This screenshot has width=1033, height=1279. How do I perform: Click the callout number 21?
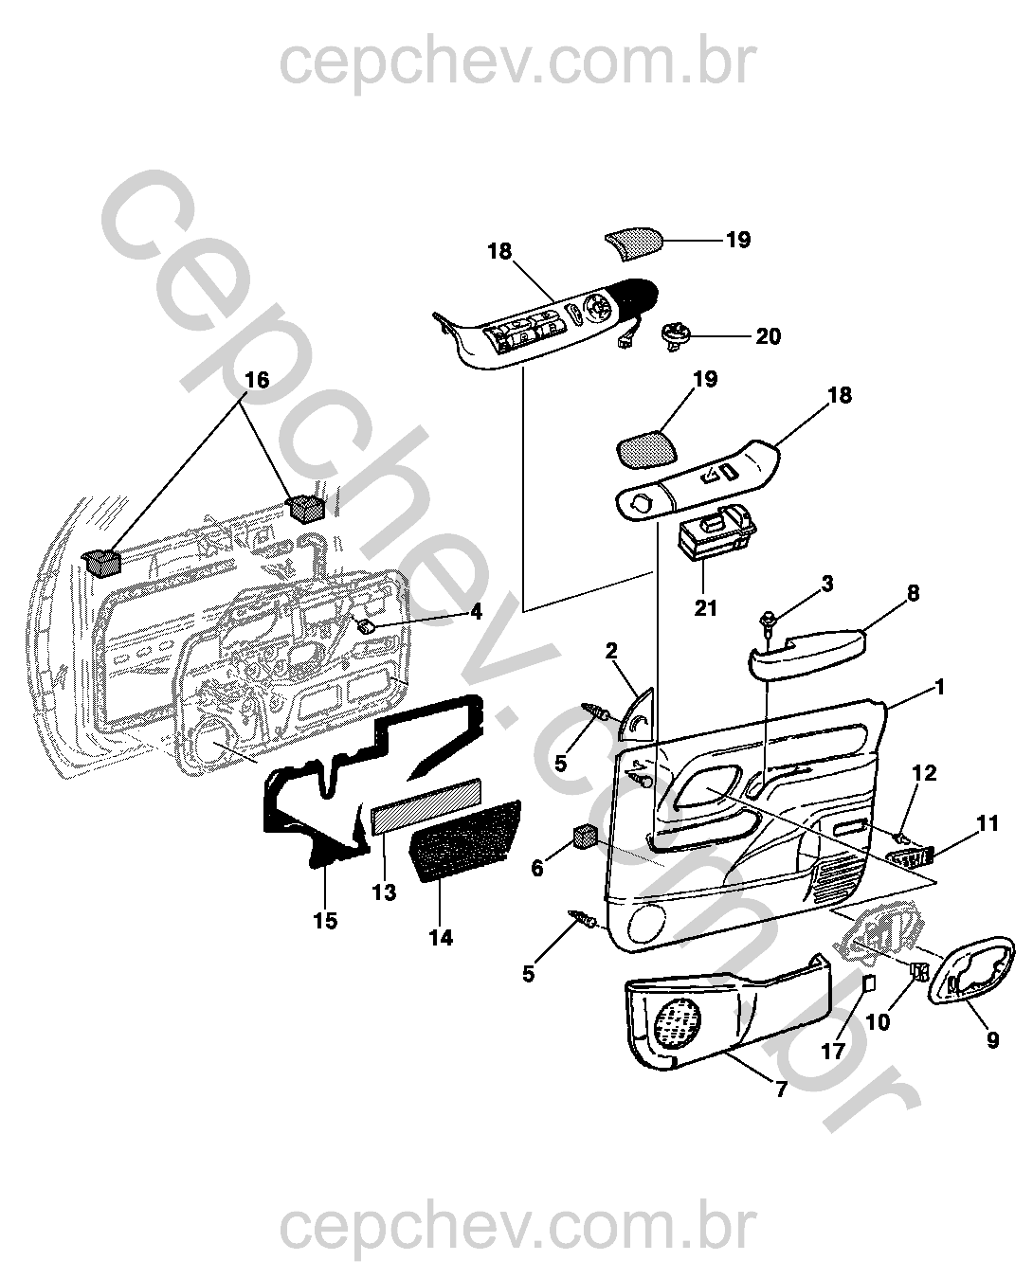click(706, 607)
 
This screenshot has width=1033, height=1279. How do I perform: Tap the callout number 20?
click(768, 336)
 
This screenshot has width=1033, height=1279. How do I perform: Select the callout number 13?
click(384, 892)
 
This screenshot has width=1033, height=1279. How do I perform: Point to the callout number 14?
click(441, 938)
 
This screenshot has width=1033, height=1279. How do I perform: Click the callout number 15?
click(325, 920)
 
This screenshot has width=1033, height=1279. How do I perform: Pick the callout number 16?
click(257, 380)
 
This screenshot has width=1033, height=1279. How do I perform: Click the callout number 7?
click(781, 1090)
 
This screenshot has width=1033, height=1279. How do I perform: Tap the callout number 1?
click(939, 687)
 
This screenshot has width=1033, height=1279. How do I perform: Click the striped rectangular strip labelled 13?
click(426, 804)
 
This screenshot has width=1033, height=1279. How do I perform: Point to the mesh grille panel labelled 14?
click(466, 838)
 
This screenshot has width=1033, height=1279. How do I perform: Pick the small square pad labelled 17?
click(867, 982)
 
